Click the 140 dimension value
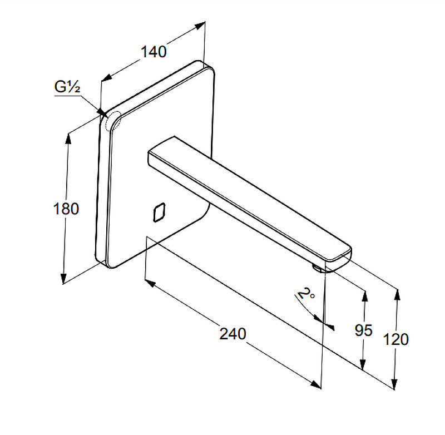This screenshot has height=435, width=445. tap(154, 52)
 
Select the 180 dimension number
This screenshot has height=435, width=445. tap(66, 209)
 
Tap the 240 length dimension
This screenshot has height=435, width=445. tap(233, 334)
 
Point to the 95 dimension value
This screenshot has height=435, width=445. tap(363, 330)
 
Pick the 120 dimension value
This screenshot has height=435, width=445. tap(396, 339)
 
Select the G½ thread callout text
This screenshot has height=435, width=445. tap(67, 87)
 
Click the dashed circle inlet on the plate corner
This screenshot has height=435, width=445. tap(113, 121)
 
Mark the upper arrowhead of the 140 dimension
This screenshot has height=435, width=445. tap(200, 26)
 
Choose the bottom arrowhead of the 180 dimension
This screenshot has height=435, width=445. tap(64, 278)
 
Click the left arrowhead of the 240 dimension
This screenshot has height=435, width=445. tap(150, 283)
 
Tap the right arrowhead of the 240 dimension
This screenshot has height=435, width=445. tap(315, 384)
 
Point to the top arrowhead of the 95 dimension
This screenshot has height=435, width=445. tap(365, 296)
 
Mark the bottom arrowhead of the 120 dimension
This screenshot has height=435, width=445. tap(394, 383)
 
